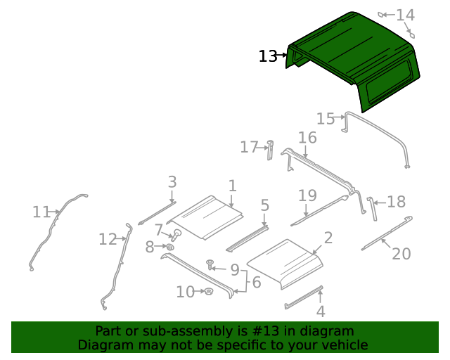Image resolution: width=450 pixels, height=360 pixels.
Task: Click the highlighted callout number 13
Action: pyautogui.click(x=268, y=56)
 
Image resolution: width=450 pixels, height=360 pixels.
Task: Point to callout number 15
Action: pyautogui.click(x=325, y=119)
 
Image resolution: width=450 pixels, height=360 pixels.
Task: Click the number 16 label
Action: pyautogui.click(x=307, y=137)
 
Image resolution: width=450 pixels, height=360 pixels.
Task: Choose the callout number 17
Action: pyautogui.click(x=249, y=147)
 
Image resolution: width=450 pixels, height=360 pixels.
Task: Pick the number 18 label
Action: pyautogui.click(x=397, y=202)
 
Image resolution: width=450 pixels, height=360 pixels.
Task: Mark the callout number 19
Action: pyautogui.click(x=307, y=195)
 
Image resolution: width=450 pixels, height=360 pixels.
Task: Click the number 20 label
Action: pyautogui.click(x=401, y=253)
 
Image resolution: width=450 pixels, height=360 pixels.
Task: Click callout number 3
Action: pyautogui.click(x=172, y=182)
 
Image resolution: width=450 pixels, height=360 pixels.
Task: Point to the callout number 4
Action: pyautogui.click(x=320, y=311)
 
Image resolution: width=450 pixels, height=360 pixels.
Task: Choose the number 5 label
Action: pyautogui.click(x=264, y=205)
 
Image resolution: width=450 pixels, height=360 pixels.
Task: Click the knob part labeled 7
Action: pyautogui.click(x=176, y=234)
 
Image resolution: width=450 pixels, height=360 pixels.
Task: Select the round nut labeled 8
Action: pyautogui.click(x=169, y=247)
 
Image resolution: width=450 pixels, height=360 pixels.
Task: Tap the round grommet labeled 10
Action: pyautogui.click(x=207, y=291)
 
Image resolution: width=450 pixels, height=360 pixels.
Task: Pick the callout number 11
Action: pyautogui.click(x=41, y=212)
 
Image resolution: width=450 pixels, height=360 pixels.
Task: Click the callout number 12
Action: pyautogui.click(x=107, y=240)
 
